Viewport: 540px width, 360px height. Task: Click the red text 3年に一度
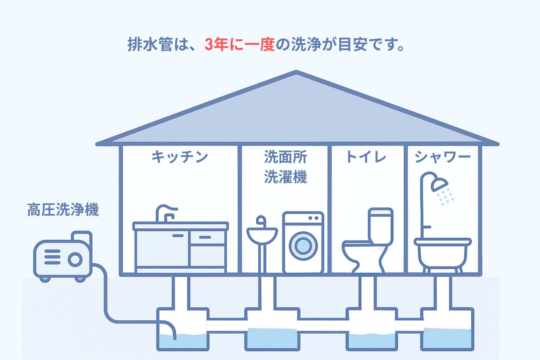240,44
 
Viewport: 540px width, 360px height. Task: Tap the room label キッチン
180,157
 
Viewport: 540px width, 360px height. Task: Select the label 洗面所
285,157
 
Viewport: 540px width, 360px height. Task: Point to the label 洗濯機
285,177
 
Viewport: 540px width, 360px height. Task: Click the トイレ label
366,157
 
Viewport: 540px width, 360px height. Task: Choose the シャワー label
443,157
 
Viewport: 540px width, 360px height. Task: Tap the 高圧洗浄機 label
63,210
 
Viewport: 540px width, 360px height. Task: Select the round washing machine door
303,246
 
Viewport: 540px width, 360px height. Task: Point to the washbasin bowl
262,236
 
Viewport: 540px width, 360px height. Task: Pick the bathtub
443,253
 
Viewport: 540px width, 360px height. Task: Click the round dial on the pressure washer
75,260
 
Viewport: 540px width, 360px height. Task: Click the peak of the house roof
296,71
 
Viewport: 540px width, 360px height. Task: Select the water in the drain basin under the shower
448,338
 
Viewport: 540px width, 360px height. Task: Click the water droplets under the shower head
445,197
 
